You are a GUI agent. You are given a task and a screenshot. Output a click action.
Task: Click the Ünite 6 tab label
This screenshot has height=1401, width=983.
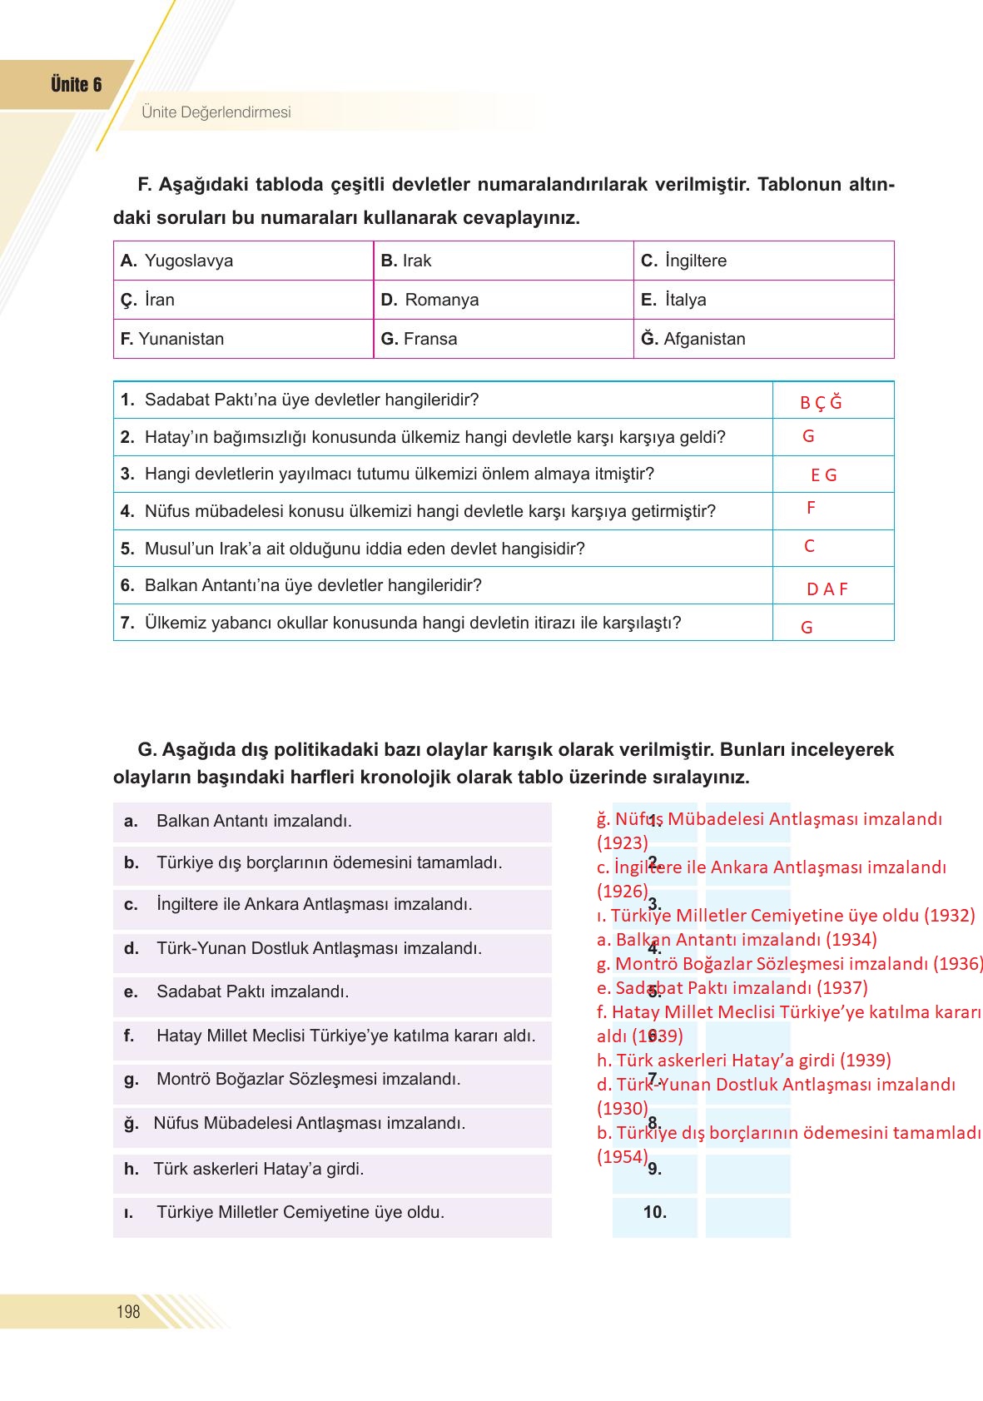76,85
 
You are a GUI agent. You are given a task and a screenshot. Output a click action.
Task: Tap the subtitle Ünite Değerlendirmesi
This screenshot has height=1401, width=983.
216,112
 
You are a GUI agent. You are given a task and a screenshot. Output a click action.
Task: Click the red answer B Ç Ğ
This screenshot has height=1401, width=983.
821,403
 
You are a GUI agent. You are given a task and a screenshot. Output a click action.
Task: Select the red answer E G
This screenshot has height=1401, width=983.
824,475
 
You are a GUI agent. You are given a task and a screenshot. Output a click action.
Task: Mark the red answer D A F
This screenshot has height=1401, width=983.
827,589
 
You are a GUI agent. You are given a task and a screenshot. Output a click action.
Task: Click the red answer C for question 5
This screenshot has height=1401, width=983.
809,546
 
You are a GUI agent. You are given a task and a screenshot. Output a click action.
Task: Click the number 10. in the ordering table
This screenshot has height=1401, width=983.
655,1212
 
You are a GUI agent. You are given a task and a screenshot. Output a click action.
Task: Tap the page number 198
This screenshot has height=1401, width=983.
128,1312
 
